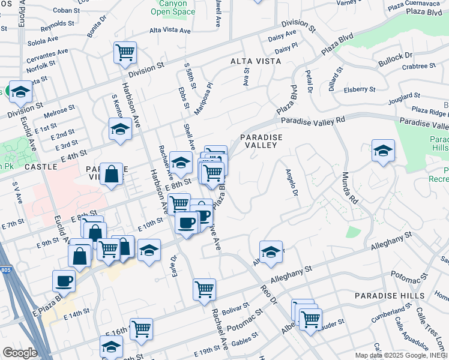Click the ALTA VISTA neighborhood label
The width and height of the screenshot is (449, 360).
(x=256, y=61)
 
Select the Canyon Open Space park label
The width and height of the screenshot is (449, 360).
(x=173, y=7)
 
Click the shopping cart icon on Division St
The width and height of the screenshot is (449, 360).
(x=125, y=52)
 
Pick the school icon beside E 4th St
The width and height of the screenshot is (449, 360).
(x=120, y=128)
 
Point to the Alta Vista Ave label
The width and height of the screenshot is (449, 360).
(x=170, y=31)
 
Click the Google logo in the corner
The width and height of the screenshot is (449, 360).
(x=19, y=353)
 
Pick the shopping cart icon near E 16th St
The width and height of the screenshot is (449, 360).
(x=140, y=328)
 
